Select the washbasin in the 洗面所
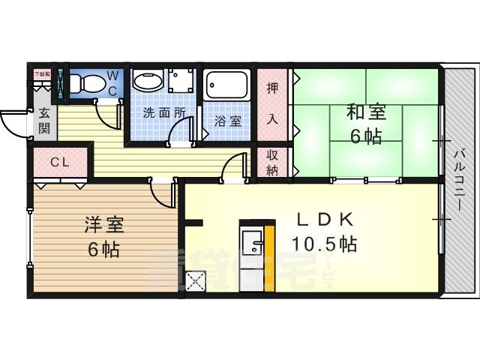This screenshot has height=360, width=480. tap(148, 82)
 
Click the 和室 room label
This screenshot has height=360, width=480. tap(365, 113)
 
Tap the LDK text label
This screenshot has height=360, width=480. tap(324, 220)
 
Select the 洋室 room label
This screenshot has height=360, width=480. tap(103, 224)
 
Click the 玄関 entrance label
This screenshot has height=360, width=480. tap(43, 120)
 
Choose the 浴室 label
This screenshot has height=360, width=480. tap(227, 120)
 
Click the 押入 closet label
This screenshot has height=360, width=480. tap(273, 102)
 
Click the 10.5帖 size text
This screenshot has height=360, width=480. tap(324, 244)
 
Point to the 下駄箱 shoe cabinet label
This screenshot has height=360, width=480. tap(41, 73)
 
